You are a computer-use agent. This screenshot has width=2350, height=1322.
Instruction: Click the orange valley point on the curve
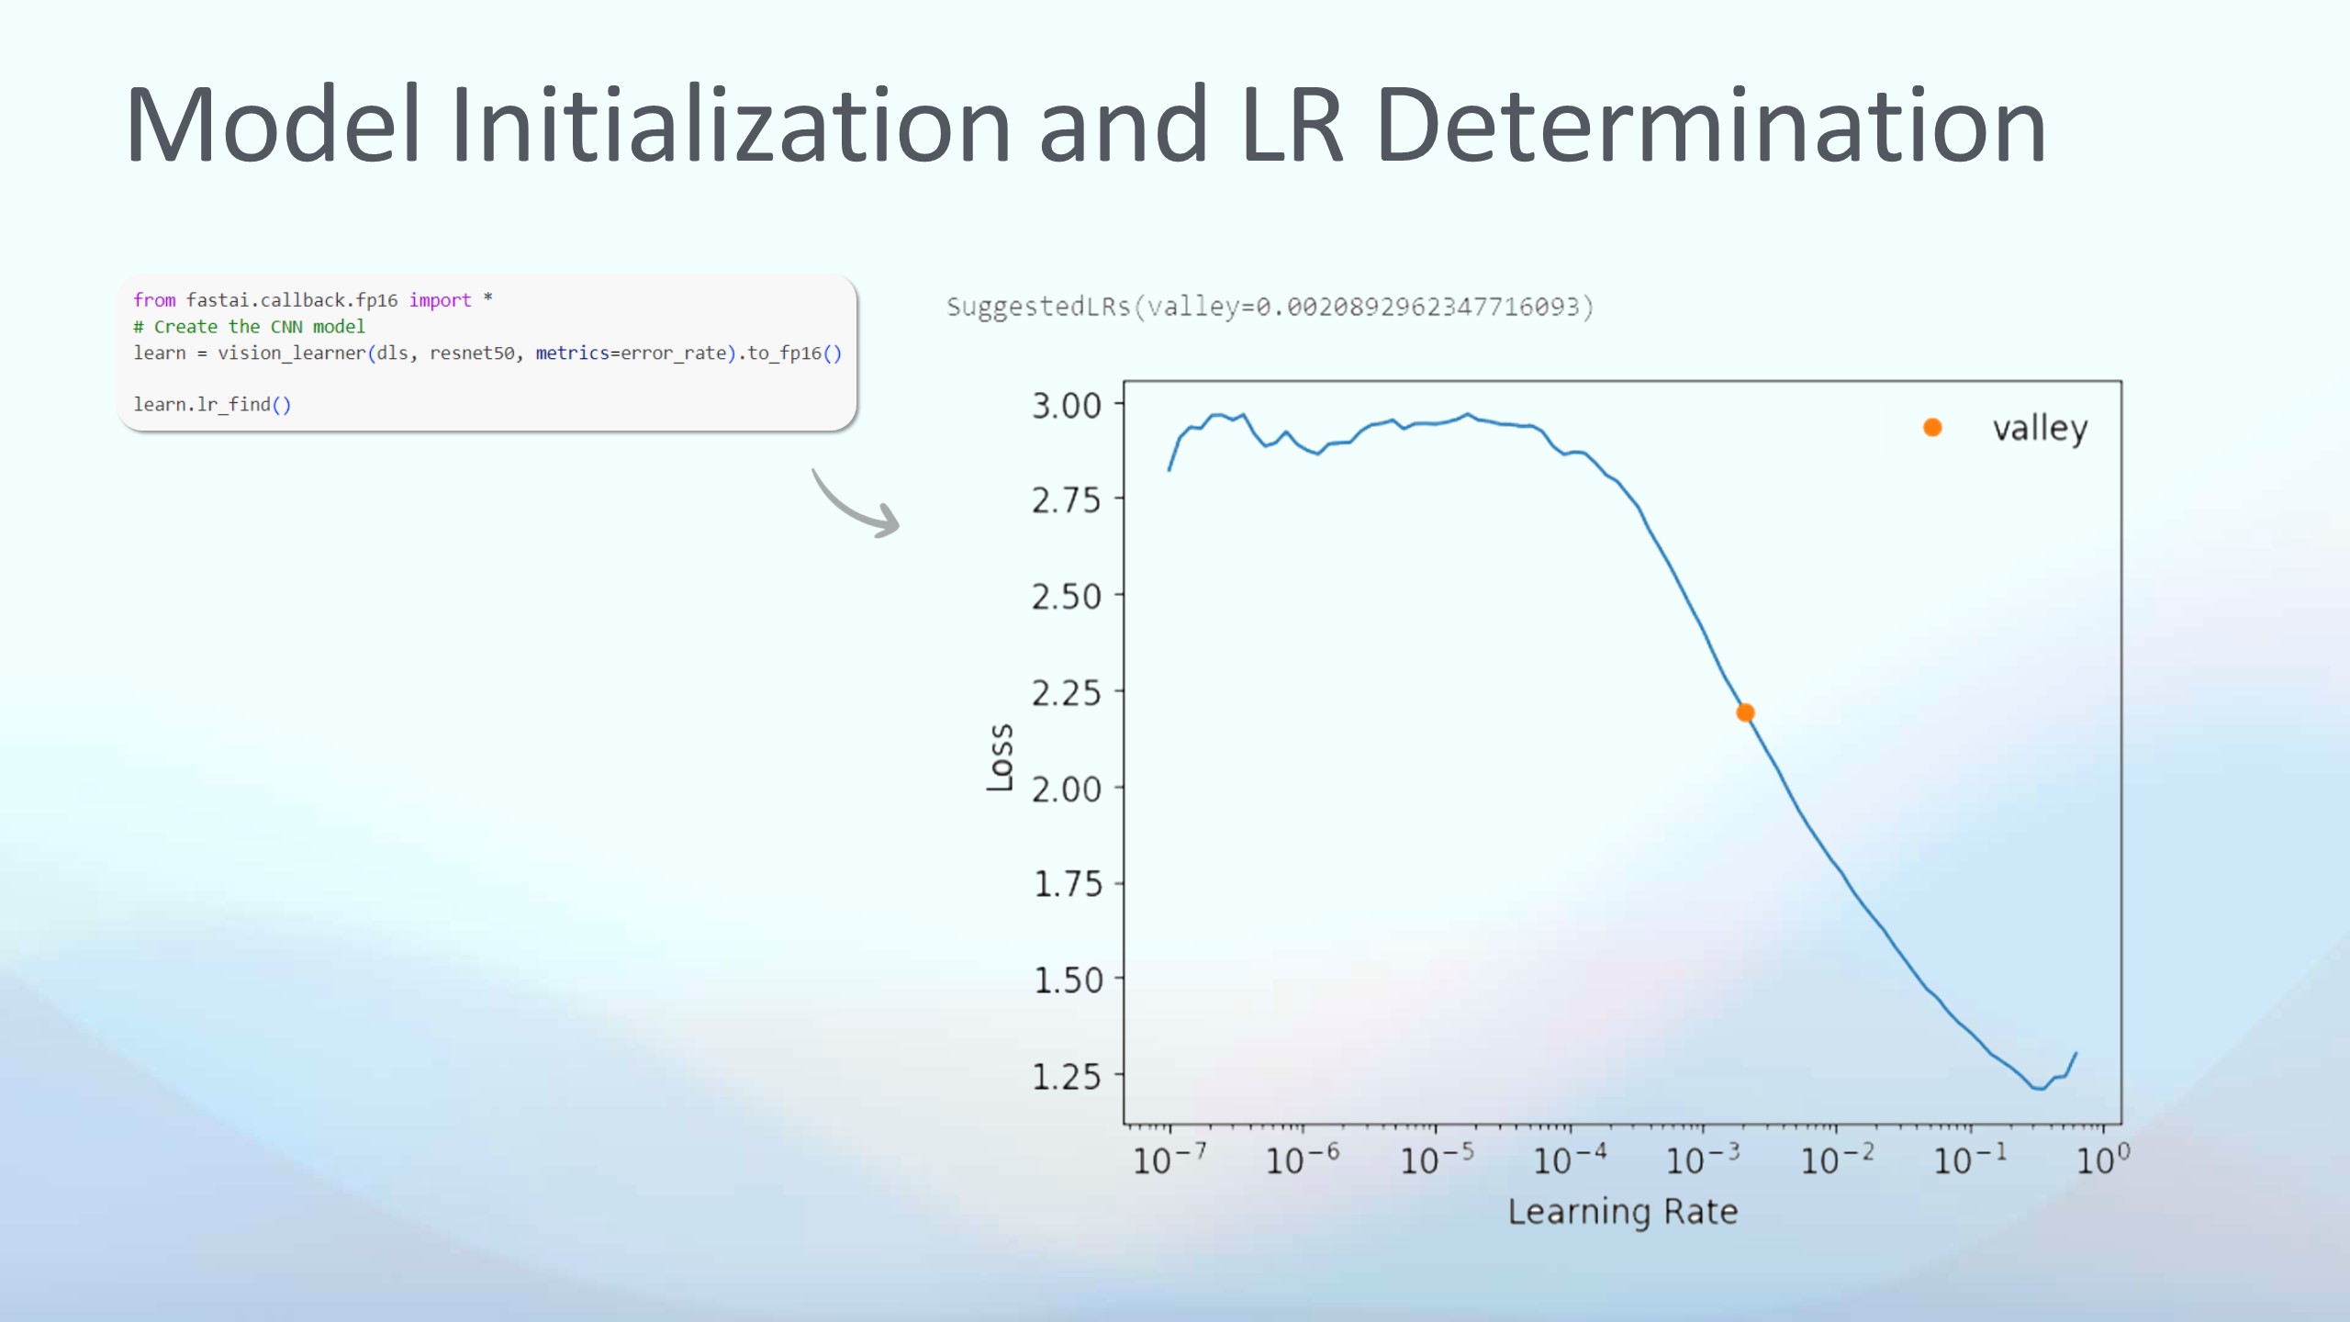1745,712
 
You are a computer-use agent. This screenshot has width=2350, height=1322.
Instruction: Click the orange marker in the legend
1932,428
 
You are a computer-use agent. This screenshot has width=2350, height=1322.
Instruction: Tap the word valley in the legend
2040,429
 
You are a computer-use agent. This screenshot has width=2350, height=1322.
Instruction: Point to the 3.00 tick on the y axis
1067,405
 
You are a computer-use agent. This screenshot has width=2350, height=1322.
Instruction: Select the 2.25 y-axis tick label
1067,692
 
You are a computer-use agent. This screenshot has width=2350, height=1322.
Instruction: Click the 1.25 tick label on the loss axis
1067,1076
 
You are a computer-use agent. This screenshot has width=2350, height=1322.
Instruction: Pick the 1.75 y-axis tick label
1067,884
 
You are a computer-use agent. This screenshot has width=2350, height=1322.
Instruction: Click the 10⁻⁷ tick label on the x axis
1169,1160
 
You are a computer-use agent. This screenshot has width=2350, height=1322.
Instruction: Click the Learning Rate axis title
1623,1212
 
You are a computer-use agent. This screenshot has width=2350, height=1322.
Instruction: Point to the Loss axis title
1000,757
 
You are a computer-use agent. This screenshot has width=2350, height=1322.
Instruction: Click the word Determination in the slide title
1710,125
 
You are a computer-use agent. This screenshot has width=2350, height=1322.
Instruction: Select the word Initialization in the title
730,125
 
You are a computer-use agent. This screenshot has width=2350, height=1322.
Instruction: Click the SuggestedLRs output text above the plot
1270,307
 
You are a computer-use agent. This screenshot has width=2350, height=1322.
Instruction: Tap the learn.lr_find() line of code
212,405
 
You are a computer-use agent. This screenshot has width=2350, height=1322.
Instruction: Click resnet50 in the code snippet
472,353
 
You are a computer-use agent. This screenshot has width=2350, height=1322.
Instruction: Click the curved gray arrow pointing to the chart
855,505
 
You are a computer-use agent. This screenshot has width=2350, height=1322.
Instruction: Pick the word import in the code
440,300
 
